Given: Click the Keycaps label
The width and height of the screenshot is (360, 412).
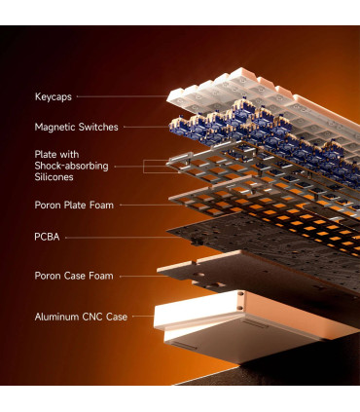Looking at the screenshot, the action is pos(54,96).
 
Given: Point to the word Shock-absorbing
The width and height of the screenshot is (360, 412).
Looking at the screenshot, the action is pos(71,166).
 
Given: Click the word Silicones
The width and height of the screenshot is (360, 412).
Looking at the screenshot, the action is pos(54,177).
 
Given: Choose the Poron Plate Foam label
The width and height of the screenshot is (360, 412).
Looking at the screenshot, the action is pos(74,206).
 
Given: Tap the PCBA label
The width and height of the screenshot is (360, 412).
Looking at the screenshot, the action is pos(47,237).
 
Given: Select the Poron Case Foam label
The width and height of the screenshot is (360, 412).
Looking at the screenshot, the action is pos(74,276).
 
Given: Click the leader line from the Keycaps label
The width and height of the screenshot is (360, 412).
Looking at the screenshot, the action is pos(123,96).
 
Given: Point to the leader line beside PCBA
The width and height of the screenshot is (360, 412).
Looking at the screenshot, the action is pos(123,238).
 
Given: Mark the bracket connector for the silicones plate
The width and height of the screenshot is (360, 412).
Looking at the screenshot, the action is pos(144,167).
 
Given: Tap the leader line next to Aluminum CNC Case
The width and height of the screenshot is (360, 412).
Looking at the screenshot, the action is pos(143,316).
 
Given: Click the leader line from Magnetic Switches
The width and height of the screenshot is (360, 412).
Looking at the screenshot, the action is pos(147,127).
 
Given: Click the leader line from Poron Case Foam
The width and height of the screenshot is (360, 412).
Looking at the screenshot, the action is pos(144,277).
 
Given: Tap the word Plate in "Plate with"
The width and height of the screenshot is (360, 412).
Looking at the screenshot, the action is pos(45,155).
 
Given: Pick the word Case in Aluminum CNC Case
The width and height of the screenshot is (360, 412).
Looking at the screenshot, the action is pos(117,317).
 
